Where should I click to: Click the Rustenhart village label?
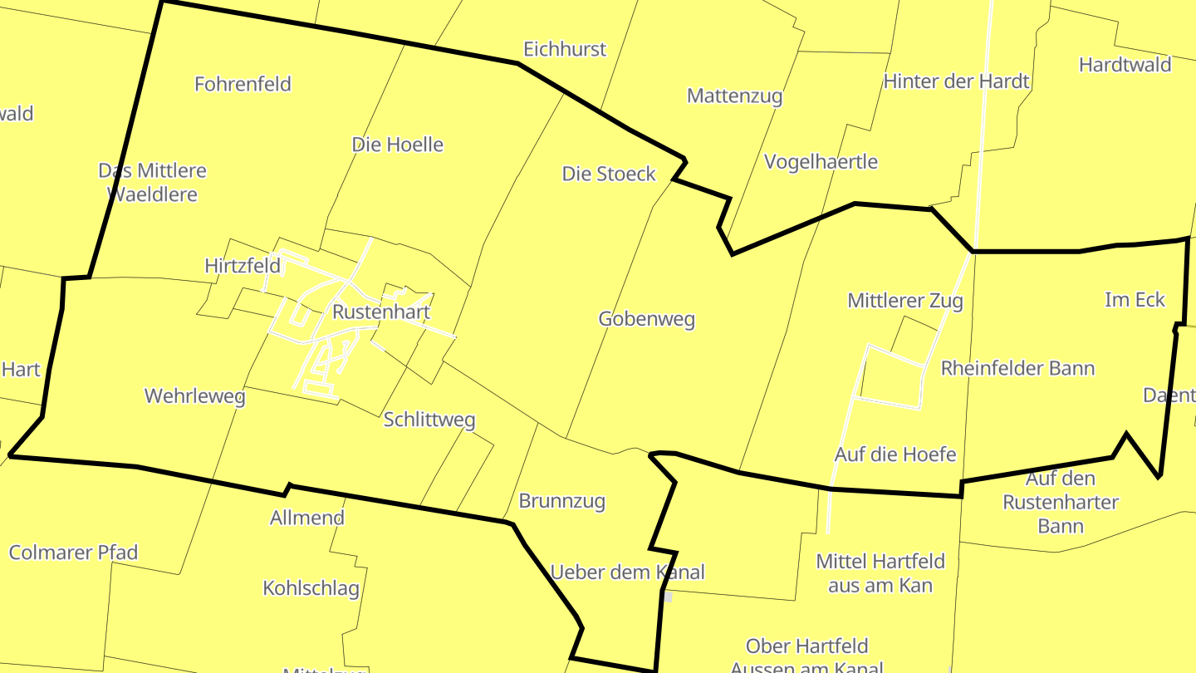pos(381,312)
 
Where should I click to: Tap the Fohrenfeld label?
pos(243,84)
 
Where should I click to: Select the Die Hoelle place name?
pos(397,145)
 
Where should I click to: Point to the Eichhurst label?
pos(564,49)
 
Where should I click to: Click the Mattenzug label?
pos(734,96)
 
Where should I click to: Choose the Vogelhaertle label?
pos(820,161)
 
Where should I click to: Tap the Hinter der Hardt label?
pos(956,81)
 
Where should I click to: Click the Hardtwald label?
pos(1125,65)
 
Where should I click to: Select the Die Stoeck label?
pos(609,174)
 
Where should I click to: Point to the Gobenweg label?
pos(646,319)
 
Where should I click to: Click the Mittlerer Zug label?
pos(904,300)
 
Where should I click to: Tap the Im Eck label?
pos(1135,300)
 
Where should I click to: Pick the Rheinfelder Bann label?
pos(1017,368)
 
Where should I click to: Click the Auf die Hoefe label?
pos(895,454)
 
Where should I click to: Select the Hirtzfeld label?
pos(242,266)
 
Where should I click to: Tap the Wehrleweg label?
pos(194,396)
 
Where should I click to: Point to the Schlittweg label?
pos(429,420)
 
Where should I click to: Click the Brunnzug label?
pos(561,501)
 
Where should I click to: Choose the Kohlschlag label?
pos(311,588)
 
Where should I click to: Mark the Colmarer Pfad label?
pos(73,553)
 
